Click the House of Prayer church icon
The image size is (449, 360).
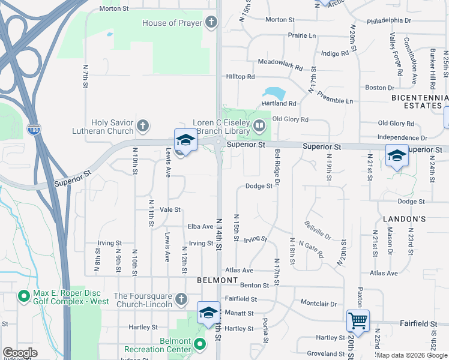click(x=211, y=23)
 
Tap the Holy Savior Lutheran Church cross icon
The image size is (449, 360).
click(x=142, y=126)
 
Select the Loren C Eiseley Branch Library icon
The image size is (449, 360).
click(x=259, y=126)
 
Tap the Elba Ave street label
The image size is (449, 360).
click(x=200, y=226)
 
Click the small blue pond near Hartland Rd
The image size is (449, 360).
click(x=273, y=93)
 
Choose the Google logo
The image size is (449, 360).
click(x=20, y=353)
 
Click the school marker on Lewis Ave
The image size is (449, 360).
click(x=185, y=141)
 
